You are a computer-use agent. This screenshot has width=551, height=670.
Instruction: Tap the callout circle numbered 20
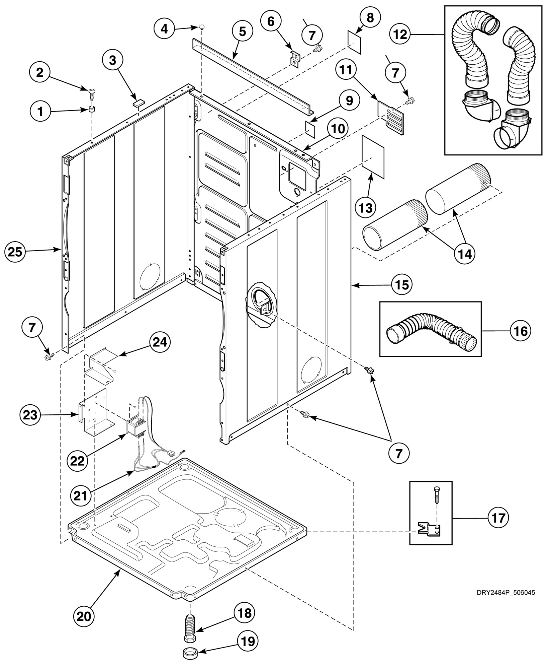(84, 616)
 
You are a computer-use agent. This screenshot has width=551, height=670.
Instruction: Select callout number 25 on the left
(15, 251)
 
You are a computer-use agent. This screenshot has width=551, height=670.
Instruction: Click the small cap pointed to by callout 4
(202, 27)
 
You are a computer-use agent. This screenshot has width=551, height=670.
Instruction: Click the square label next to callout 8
(355, 42)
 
